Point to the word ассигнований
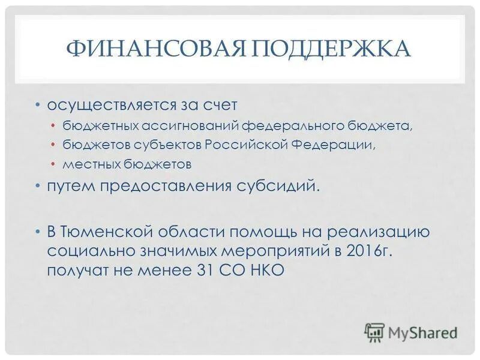point(190,126)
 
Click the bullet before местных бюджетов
point(53,163)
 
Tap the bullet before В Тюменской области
point(38,232)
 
